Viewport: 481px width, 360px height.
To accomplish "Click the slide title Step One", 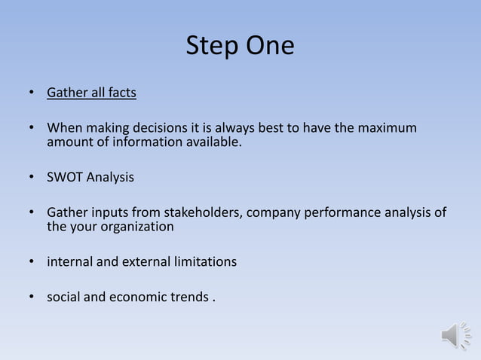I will (x=240, y=46).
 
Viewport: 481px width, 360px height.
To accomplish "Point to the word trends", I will (x=189, y=297).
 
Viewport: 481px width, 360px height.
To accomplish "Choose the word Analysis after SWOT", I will (x=110, y=178).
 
